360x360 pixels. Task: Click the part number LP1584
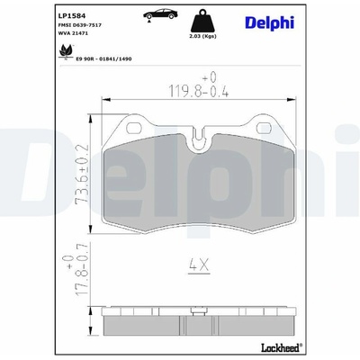click(x=67, y=15)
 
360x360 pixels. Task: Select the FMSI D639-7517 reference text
click(x=79, y=25)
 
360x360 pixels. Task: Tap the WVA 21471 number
click(x=72, y=33)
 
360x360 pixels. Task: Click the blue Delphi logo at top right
click(x=270, y=23)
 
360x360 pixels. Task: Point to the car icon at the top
click(x=160, y=15)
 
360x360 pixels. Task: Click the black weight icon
click(x=203, y=21)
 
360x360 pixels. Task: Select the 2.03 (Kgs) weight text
click(x=203, y=36)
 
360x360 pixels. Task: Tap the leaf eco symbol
click(x=66, y=52)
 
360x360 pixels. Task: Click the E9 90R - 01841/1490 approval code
click(x=103, y=59)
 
